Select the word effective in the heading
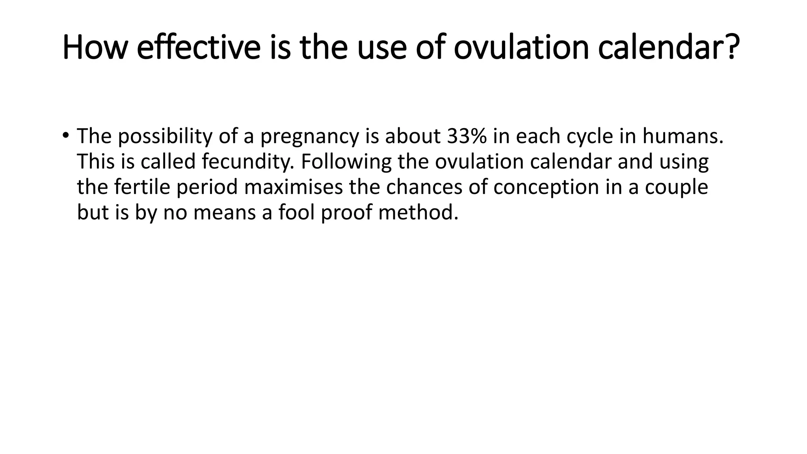[x=199, y=48]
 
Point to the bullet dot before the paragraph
[x=65, y=136]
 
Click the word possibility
[x=165, y=136]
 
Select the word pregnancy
[x=309, y=137]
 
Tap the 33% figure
[x=467, y=136]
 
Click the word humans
[x=682, y=136]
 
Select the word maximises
[x=293, y=187]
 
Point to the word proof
[x=346, y=213]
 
